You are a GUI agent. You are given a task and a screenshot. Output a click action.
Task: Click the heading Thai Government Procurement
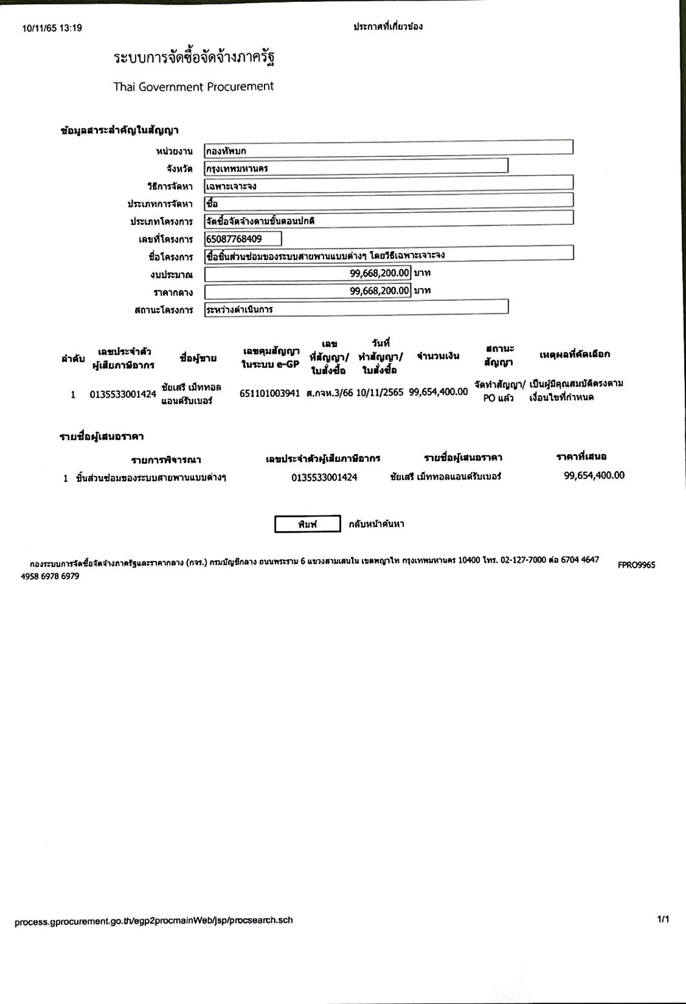[193, 87]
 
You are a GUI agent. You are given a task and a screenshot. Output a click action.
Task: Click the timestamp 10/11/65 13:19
[52, 29]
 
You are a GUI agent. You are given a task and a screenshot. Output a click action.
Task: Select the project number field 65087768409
[243, 239]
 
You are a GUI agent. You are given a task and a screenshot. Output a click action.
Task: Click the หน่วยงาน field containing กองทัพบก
[388, 150]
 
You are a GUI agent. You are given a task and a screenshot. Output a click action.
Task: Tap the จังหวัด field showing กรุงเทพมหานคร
[355, 168]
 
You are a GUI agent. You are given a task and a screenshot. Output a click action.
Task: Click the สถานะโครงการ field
[355, 309]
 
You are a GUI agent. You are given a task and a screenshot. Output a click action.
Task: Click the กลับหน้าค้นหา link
[376, 524]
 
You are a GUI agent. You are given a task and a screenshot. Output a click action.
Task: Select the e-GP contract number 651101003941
[270, 392]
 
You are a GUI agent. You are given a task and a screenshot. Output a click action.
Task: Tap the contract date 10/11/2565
[379, 392]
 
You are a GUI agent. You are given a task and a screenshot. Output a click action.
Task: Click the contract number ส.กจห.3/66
[329, 392]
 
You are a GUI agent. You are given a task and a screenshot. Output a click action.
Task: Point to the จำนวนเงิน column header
[438, 355]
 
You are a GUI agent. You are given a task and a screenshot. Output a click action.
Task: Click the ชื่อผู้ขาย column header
[198, 358]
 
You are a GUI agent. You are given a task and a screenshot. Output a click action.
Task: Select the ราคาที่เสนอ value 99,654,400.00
[594, 475]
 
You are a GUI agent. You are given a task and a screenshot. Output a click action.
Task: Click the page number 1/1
[663, 919]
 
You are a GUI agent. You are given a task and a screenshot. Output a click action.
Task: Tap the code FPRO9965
[636, 565]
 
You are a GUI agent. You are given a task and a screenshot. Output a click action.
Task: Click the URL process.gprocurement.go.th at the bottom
[154, 920]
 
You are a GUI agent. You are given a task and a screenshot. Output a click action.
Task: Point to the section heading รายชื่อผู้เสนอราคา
[101, 436]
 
